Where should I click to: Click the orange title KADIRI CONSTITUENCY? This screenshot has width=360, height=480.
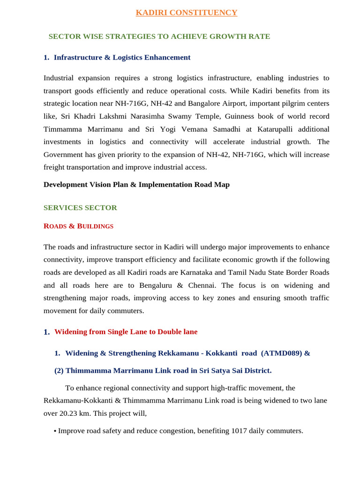click(187, 13)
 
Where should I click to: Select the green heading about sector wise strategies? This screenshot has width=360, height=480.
click(159, 37)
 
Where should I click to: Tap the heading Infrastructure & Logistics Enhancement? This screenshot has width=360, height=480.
click(122, 58)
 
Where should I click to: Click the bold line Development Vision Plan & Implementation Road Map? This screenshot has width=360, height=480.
click(136, 185)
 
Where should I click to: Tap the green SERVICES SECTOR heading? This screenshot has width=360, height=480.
click(80, 208)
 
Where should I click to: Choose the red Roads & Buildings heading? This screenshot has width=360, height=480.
click(78, 226)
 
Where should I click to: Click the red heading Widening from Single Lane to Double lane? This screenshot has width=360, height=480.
click(126, 332)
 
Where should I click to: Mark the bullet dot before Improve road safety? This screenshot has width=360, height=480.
click(55, 431)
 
